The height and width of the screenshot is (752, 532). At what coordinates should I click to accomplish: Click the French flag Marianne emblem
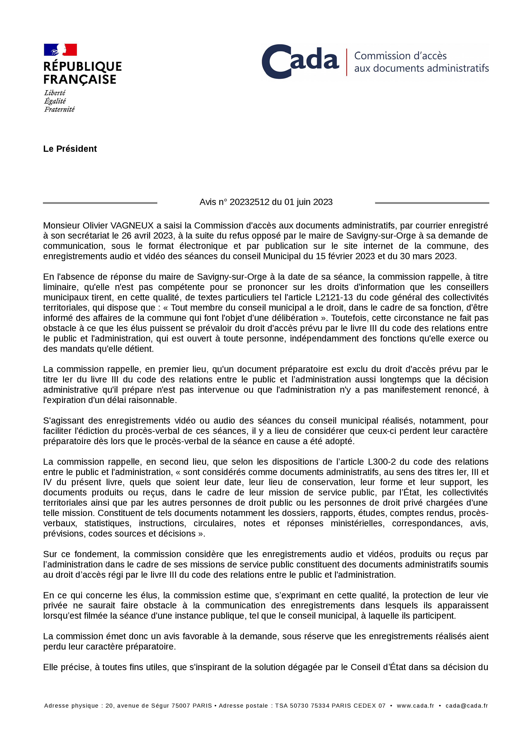60,50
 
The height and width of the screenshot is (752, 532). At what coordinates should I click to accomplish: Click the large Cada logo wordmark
300,62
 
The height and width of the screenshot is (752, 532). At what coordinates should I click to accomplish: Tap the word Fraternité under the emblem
59,109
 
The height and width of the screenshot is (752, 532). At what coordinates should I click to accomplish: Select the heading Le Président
70,149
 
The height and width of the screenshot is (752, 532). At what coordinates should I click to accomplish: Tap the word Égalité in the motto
55,101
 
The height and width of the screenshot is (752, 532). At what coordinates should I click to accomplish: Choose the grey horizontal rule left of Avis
100,203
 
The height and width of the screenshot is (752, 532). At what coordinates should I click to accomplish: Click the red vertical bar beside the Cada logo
346,62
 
